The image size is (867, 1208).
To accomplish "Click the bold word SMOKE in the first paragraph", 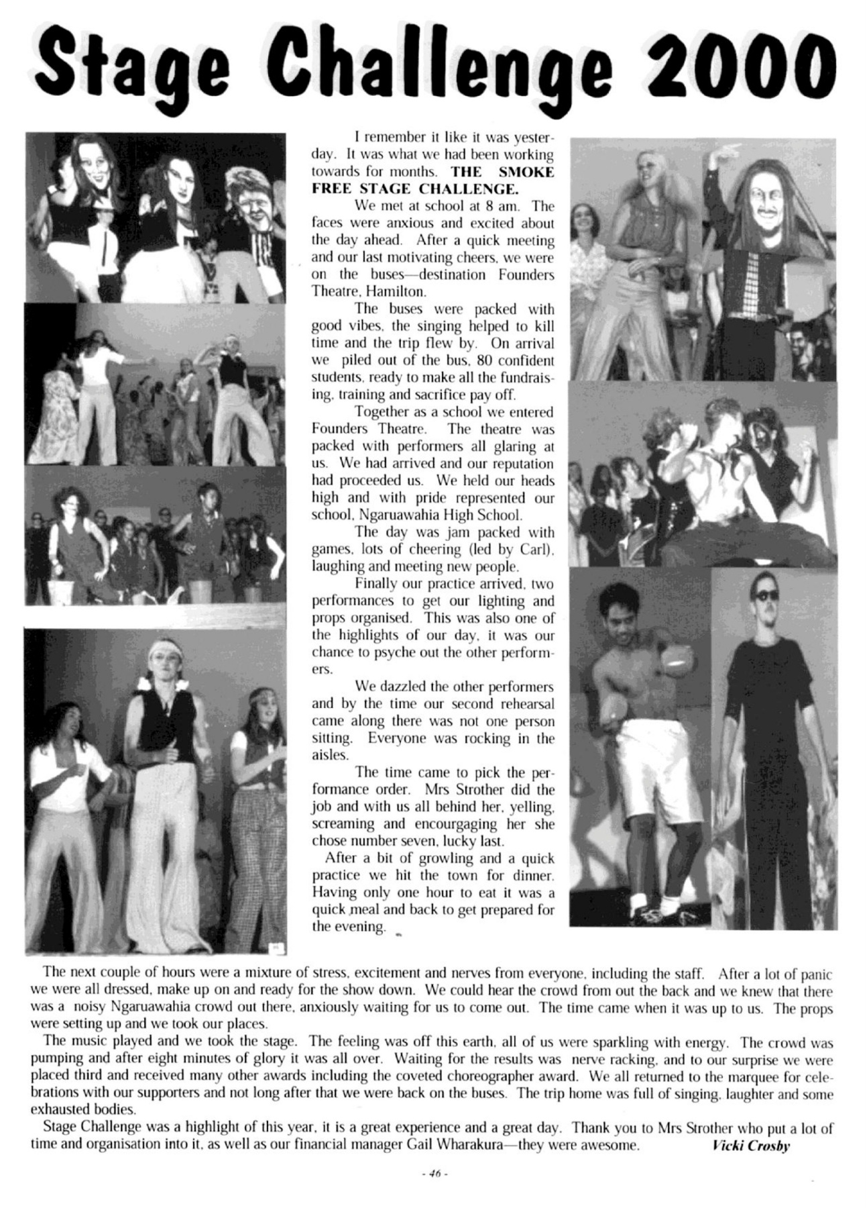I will [x=526, y=172].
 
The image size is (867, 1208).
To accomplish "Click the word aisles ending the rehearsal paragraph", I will [x=330, y=756].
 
